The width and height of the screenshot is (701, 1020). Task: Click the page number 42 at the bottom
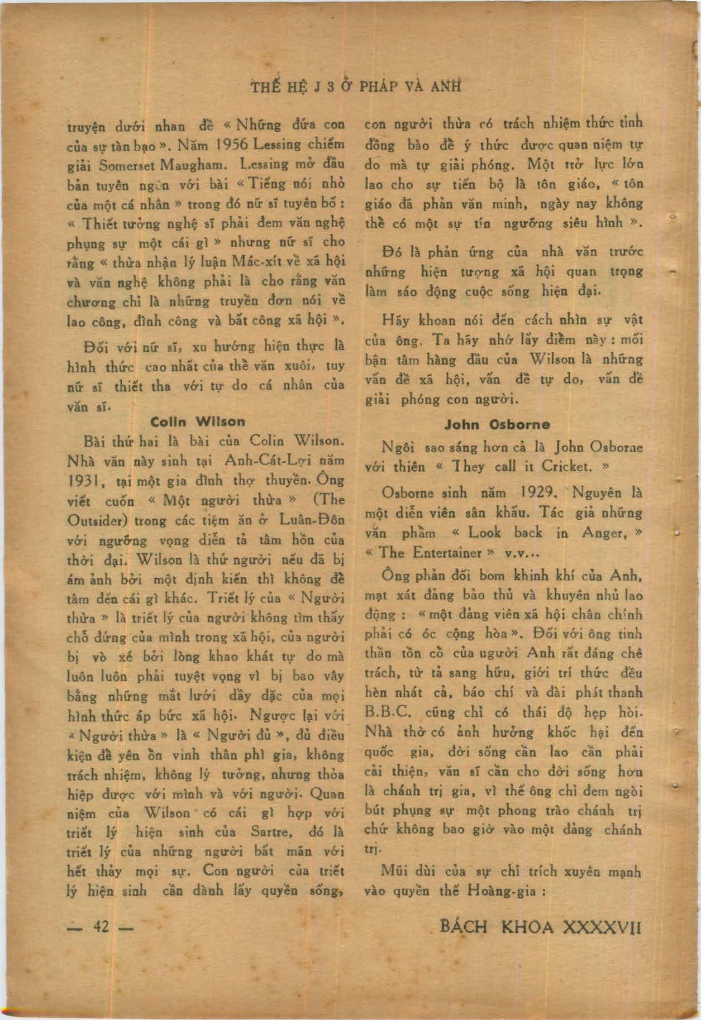coord(101,927)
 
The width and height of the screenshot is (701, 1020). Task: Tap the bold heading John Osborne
coord(497,424)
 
